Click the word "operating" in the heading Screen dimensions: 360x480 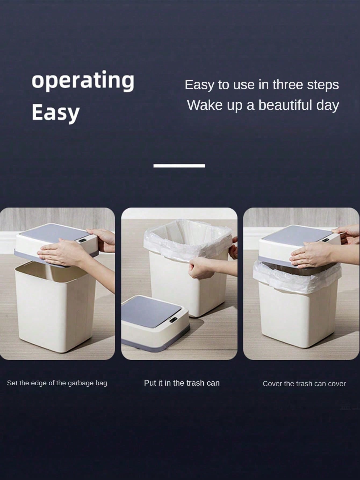tap(83, 81)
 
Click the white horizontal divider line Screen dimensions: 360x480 tap(179, 166)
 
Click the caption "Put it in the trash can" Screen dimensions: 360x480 tap(182, 383)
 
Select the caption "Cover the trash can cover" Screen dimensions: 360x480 tap(304, 384)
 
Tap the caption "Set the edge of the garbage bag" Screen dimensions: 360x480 tap(57, 383)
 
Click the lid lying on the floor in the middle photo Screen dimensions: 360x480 tap(155, 323)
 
